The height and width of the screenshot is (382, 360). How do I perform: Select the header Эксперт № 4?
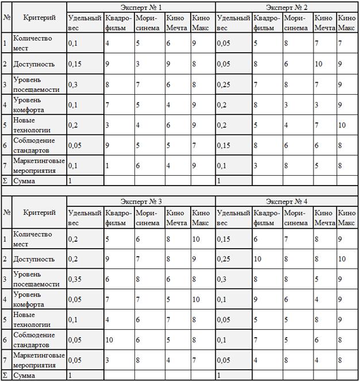click(x=287, y=202)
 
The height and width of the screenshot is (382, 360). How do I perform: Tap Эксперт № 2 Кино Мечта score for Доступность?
click(x=318, y=63)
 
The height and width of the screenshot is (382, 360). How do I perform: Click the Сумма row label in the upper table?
click(x=24, y=181)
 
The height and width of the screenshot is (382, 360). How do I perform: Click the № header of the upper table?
click(x=6, y=17)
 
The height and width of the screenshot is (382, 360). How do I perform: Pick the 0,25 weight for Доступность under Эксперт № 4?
click(x=226, y=259)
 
